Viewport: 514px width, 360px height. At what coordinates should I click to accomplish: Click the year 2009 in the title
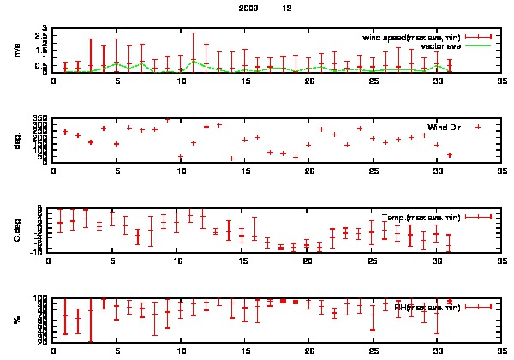coord(248,7)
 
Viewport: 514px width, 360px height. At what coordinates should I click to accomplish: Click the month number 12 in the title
coord(287,7)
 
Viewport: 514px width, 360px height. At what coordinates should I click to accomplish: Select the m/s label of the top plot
coord(17,51)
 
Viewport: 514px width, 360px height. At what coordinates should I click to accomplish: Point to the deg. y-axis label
coord(17,140)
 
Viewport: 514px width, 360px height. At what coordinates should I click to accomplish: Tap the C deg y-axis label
coord(17,230)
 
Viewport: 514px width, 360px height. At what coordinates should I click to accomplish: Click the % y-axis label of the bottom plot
coord(17,320)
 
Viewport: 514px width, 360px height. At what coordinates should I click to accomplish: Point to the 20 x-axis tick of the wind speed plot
coord(309,81)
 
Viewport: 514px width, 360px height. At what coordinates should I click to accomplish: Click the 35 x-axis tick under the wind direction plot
coord(501,171)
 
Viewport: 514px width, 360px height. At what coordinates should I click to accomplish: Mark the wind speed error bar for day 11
coord(194,51)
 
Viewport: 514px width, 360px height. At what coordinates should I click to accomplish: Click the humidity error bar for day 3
coord(91,321)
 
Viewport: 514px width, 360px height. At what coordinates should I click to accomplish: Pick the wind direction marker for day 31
coord(449,155)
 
